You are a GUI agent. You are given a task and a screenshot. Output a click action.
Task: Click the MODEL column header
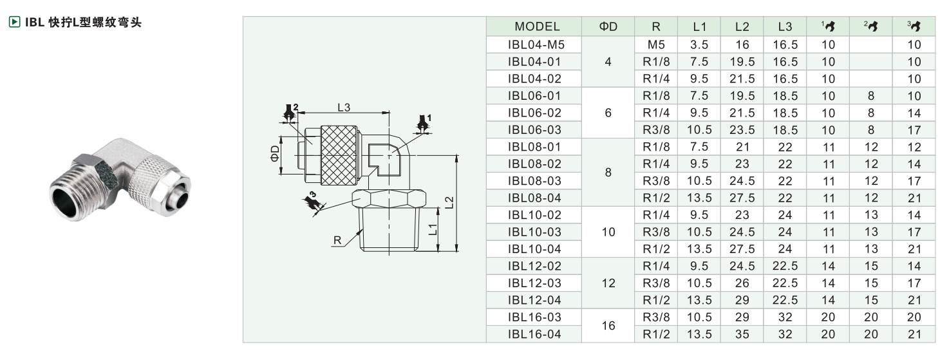pyautogui.click(x=537, y=26)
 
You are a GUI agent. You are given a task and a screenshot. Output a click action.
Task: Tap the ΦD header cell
pyautogui.click(x=608, y=26)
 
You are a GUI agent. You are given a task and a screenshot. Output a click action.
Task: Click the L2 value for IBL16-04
pyautogui.click(x=742, y=334)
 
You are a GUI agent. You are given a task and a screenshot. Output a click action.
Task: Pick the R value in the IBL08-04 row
pyautogui.click(x=656, y=198)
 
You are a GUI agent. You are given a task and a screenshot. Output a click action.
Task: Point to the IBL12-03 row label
pyautogui.click(x=534, y=283)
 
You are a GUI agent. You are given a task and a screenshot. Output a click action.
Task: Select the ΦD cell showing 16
pyautogui.click(x=608, y=326)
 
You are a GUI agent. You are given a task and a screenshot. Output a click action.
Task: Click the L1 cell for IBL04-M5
pyautogui.click(x=699, y=44)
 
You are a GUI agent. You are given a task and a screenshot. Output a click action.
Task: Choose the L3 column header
pyautogui.click(x=785, y=26)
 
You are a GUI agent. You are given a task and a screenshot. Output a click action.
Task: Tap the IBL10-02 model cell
pyautogui.click(x=534, y=215)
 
